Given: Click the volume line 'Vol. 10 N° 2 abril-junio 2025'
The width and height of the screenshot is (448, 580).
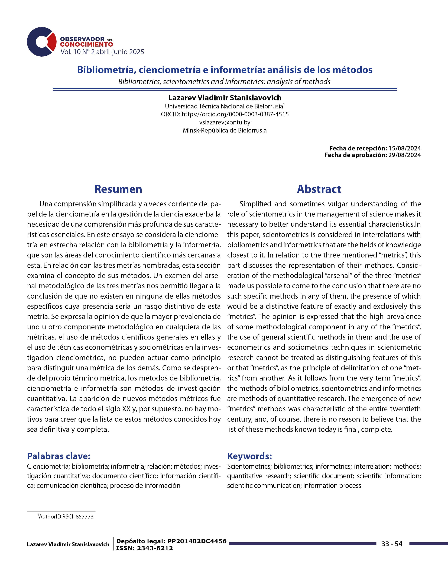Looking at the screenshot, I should pyautogui.click(x=102, y=52).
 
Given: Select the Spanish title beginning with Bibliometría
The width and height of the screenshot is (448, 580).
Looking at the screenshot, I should pyautogui.click(x=225, y=70).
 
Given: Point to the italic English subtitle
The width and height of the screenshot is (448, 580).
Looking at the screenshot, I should pyautogui.click(x=224, y=82).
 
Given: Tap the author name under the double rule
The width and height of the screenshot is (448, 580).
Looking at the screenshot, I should pyautogui.click(x=225, y=98).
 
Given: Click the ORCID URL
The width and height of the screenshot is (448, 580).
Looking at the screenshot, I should pyautogui.click(x=235, y=114).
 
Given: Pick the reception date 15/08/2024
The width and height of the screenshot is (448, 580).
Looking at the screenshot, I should pyautogui.click(x=404, y=148).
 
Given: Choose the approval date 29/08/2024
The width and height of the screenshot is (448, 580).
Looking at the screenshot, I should pyautogui.click(x=404, y=155).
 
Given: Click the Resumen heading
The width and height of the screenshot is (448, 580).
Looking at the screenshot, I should pyautogui.click(x=118, y=189).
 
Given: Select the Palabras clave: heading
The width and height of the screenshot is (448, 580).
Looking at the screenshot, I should pyautogui.click(x=59, y=456).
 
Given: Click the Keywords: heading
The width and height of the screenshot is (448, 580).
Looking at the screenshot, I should pyautogui.click(x=249, y=456).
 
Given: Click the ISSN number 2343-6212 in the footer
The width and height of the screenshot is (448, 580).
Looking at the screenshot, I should pyautogui.click(x=155, y=548).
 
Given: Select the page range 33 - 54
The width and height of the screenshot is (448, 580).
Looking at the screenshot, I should pyautogui.click(x=392, y=544).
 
